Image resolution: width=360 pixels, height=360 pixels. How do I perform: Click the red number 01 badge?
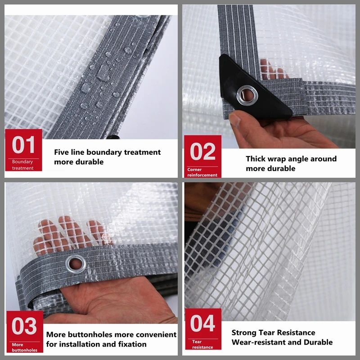(23, 150)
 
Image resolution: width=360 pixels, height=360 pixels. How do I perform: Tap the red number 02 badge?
(203, 156)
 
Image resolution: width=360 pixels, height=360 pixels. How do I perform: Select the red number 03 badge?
(25, 332)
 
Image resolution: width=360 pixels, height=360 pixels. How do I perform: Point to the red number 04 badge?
(203, 329)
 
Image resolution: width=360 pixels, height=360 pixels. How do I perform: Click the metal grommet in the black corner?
(247, 95)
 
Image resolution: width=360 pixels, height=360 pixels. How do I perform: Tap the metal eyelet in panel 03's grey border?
(76, 264)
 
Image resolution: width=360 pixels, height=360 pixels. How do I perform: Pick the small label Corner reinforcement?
(202, 172)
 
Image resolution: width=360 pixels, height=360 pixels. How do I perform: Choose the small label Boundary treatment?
(22, 165)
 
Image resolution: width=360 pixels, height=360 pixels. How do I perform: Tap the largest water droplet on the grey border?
(103, 73)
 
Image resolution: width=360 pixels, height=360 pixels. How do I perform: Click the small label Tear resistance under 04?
(202, 344)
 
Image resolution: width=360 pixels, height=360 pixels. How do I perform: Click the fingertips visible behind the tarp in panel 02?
(273, 69)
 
